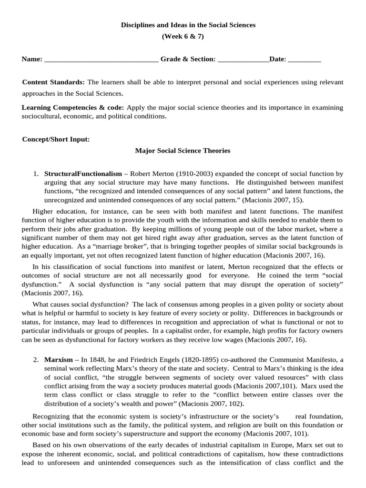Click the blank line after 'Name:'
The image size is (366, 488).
pyautogui.click(x=101, y=60)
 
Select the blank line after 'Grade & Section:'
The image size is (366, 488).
pyautogui.click(x=243, y=60)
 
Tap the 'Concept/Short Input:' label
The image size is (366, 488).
pyautogui.click(x=56, y=139)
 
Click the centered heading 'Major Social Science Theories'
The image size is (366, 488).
pyautogui.click(x=183, y=151)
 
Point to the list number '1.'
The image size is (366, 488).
pyautogui.click(x=36, y=173)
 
